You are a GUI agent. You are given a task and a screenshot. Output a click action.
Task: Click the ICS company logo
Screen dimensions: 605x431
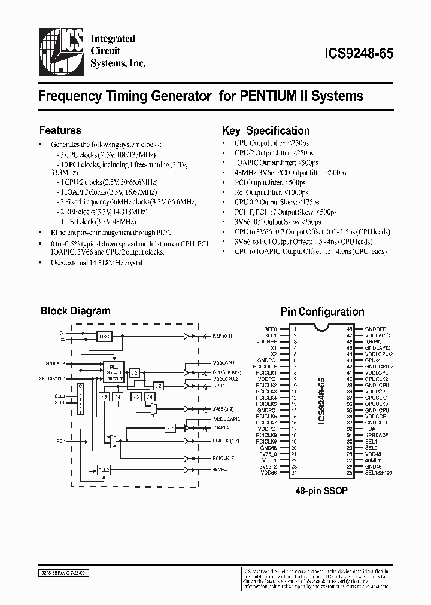[x=62, y=51]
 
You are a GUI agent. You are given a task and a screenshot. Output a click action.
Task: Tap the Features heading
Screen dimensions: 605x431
[x=60, y=130]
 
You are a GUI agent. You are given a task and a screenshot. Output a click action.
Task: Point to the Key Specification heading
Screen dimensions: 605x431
[x=266, y=130]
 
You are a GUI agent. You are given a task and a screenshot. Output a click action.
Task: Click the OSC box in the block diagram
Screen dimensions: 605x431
[x=105, y=336]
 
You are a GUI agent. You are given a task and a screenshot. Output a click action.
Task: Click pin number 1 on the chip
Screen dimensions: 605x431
[x=295, y=329]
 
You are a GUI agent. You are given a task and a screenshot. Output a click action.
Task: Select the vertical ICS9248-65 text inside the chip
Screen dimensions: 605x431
[x=321, y=399]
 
